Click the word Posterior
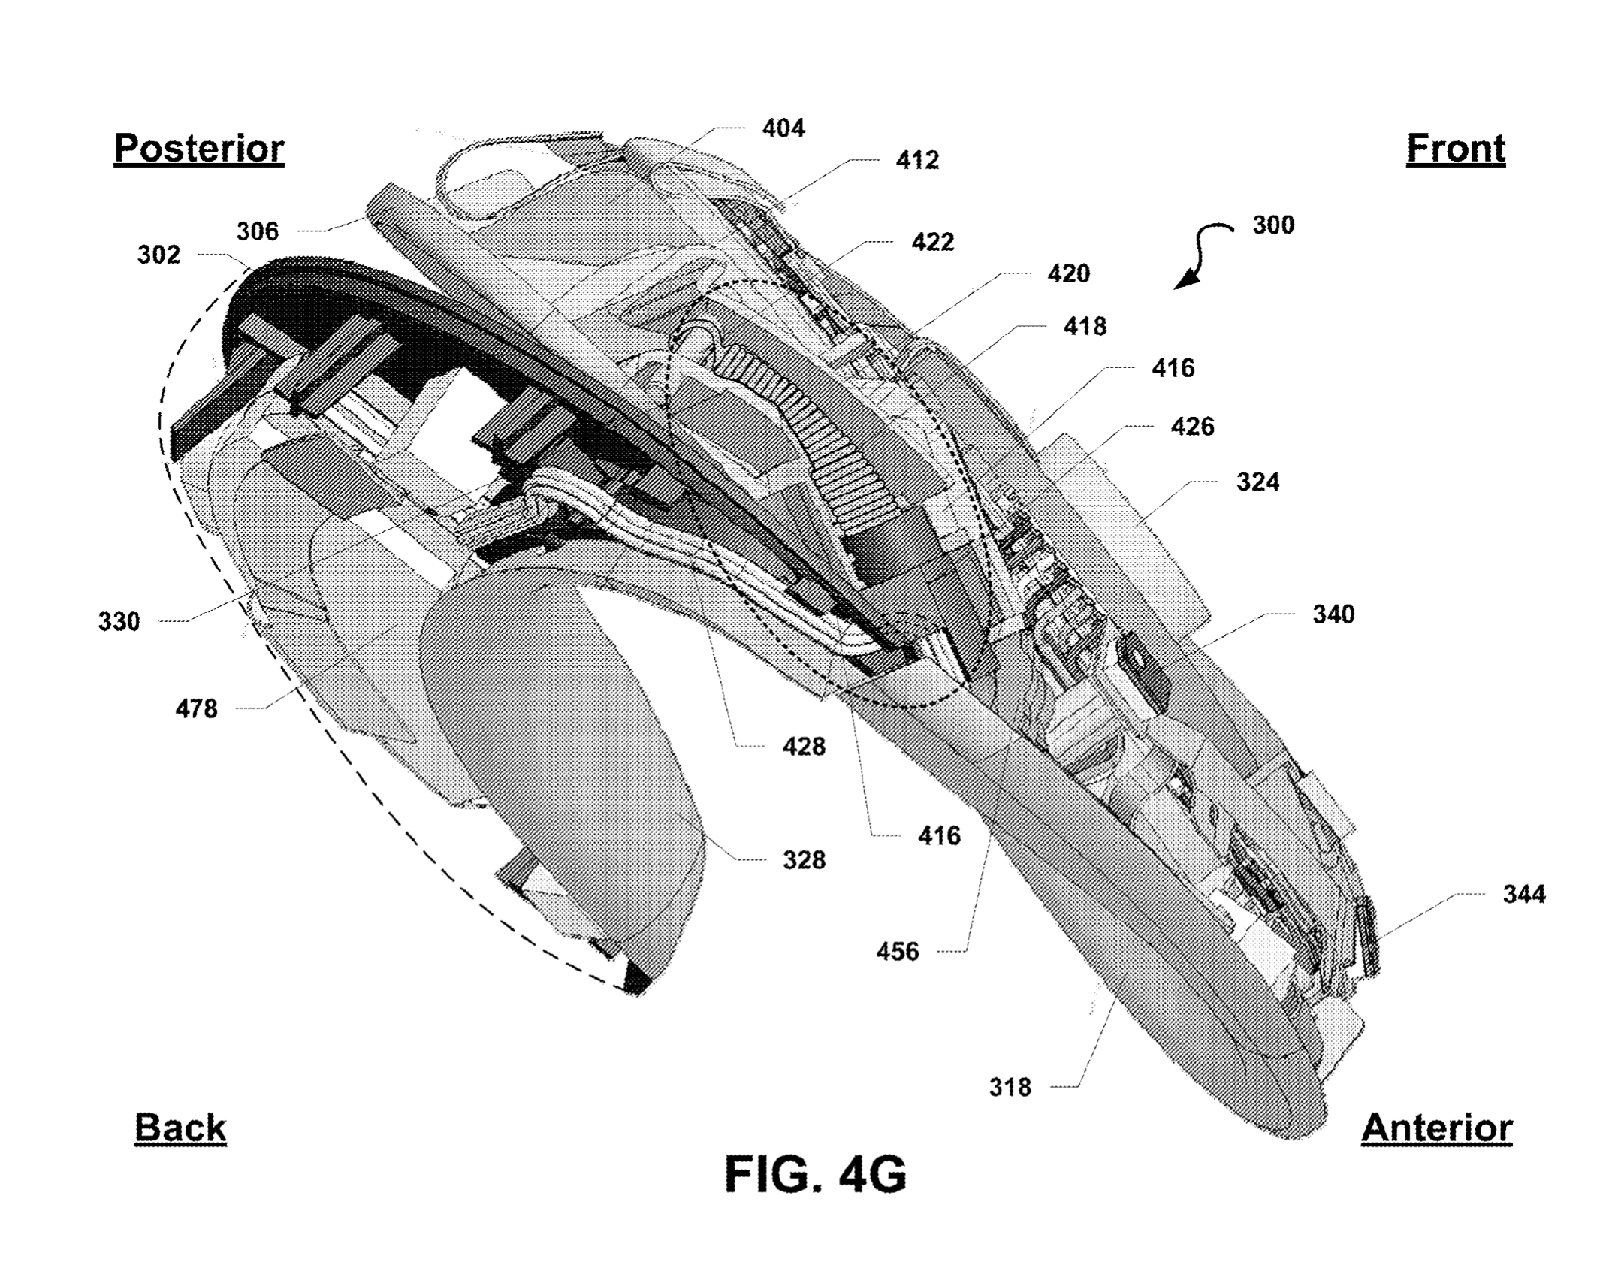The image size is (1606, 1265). [199, 149]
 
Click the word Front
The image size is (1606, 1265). [1455, 149]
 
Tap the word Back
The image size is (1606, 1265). [180, 1128]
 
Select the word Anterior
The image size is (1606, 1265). [1436, 1128]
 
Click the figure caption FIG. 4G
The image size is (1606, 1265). [815, 1174]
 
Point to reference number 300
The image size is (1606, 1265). [1273, 225]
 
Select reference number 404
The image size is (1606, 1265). [783, 128]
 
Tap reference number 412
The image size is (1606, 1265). [917, 160]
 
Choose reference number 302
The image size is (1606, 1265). [158, 255]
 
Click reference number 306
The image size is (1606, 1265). [258, 231]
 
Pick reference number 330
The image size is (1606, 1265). [119, 622]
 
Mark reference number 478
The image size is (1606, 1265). [196, 708]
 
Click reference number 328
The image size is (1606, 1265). [804, 860]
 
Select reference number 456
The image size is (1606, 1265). [898, 952]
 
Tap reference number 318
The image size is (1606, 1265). [1010, 1087]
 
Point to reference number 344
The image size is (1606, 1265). [1524, 894]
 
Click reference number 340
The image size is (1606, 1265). [1333, 614]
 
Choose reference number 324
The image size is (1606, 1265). [1257, 482]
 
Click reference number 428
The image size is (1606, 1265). [804, 747]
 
